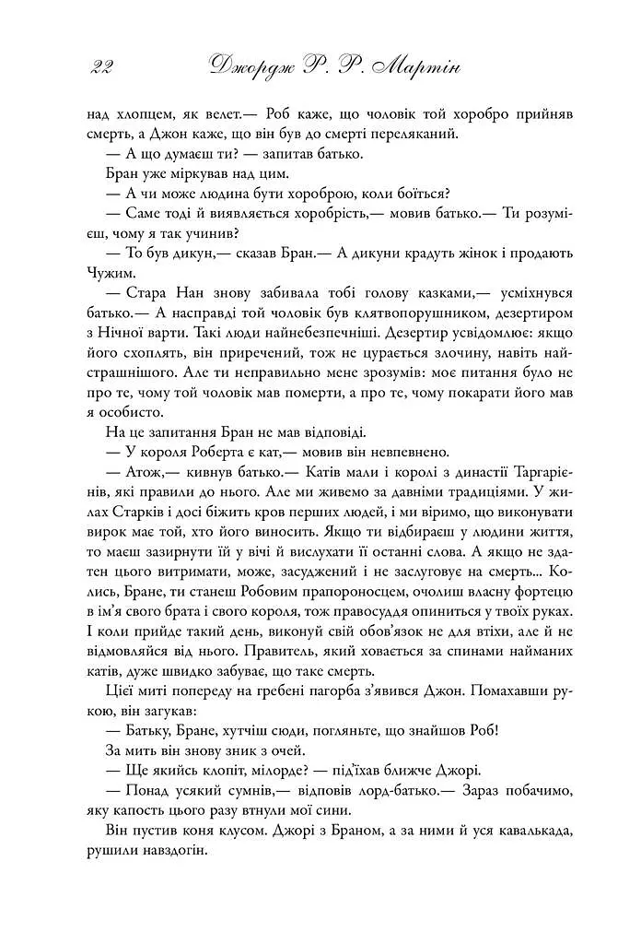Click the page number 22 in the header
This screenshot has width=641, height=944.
[102, 66]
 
